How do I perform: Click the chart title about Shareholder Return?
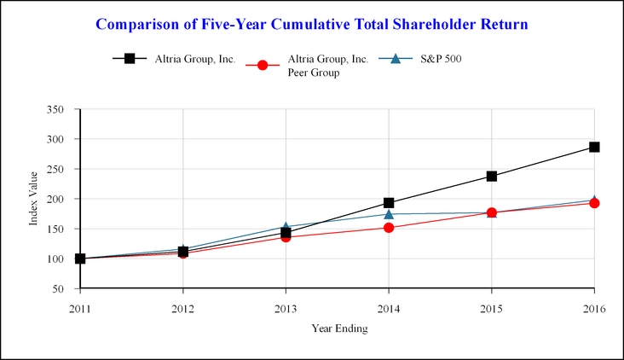pos(312,24)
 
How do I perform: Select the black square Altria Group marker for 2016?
pos(594,147)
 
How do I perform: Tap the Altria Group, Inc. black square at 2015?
pos(492,177)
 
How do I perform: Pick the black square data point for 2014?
pos(389,203)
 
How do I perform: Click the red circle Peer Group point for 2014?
pos(389,228)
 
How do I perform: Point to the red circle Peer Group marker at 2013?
pos(286,237)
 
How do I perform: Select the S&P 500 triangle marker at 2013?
pos(286,227)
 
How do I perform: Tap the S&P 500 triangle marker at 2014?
pos(389,214)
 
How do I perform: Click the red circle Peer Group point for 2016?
pos(594,203)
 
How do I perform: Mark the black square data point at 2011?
pos(80,258)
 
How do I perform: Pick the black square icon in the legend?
pos(130,59)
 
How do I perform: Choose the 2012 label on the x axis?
pos(182,308)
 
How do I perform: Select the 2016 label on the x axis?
pos(594,308)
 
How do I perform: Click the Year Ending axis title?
pos(338,329)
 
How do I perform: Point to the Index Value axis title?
pos(34,199)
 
